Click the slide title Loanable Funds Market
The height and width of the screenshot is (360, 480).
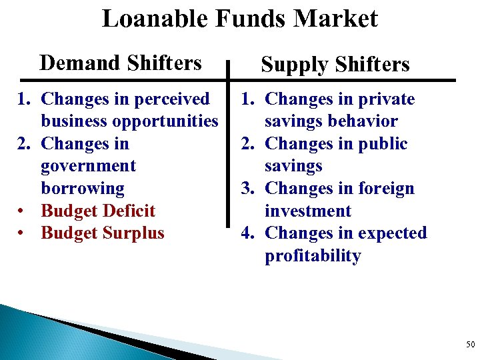[239, 19]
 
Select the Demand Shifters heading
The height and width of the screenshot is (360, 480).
[120, 63]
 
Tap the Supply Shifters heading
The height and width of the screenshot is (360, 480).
[335, 65]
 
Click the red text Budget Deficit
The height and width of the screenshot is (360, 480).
[98, 211]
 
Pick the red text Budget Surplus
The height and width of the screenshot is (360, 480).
[103, 233]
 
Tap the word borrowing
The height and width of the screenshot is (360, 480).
[83, 189]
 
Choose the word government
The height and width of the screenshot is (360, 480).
[88, 166]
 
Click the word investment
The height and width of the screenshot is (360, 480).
[307, 211]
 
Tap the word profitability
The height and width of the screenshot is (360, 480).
[313, 256]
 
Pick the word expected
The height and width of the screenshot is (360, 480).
[392, 233]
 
